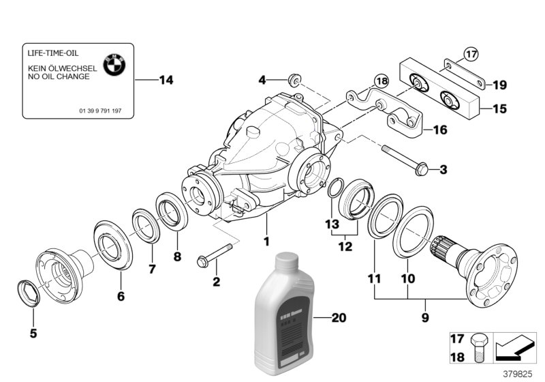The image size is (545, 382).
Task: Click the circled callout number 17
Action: [471, 53]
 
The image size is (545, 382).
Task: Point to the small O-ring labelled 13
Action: [334, 189]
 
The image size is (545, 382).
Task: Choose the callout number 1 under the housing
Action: [267, 241]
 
